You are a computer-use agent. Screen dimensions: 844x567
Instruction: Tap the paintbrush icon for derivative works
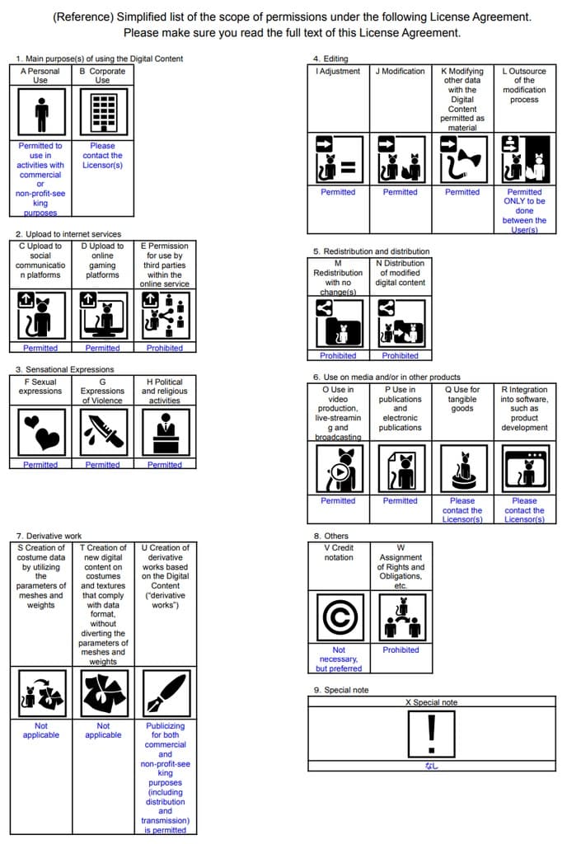(165, 693)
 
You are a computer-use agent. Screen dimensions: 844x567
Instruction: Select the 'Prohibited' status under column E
(165, 348)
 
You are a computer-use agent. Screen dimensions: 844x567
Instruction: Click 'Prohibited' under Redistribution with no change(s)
(338, 356)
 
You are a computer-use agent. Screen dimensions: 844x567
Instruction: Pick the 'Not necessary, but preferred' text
(338, 659)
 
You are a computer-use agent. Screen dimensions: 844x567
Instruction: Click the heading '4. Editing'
(330, 59)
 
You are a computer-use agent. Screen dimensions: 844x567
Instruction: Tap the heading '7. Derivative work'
(49, 536)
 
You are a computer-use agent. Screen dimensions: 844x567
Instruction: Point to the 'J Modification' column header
(400, 72)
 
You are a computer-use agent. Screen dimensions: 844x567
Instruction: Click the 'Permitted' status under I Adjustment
(338, 192)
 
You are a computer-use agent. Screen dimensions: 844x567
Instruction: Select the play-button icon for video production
(338, 471)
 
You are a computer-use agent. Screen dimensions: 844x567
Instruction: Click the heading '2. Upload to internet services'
(68, 234)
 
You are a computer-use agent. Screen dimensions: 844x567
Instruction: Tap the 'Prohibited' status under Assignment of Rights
(401, 650)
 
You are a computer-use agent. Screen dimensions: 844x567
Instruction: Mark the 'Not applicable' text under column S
(40, 730)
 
